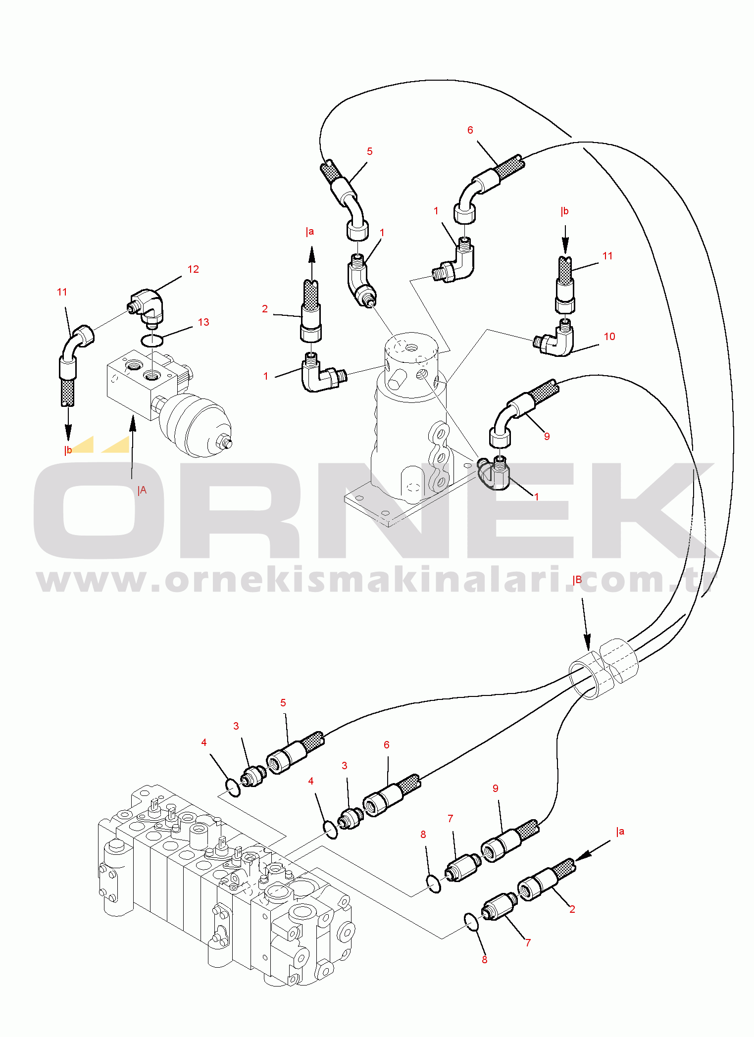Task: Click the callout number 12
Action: pyautogui.click(x=193, y=269)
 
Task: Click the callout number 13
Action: pyautogui.click(x=203, y=322)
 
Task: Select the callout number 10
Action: pyautogui.click(x=609, y=337)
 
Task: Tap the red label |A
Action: pyautogui.click(x=142, y=490)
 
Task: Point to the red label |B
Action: pyautogui.click(x=577, y=580)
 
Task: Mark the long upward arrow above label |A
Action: pyautogui.click(x=132, y=445)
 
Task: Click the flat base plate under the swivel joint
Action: pyautogui.click(x=391, y=505)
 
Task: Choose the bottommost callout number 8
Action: pyautogui.click(x=484, y=959)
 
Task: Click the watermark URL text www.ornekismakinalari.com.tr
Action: pyautogui.click(x=376, y=580)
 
